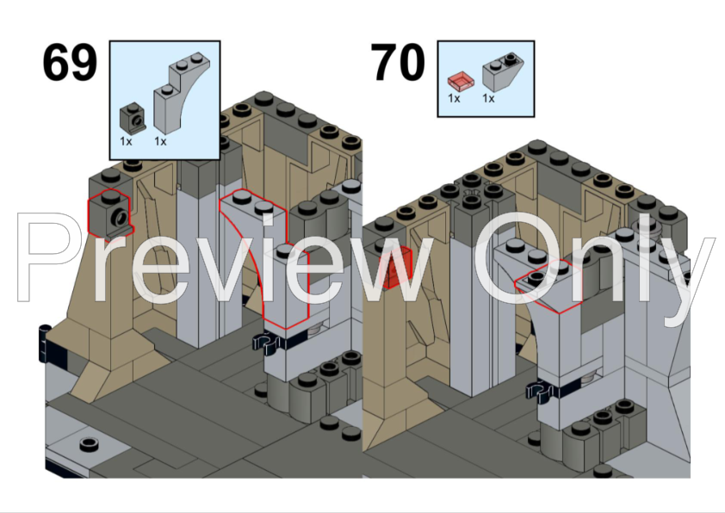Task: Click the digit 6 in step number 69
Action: (x=56, y=62)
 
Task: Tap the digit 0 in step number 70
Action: (x=411, y=62)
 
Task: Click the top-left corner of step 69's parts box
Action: (x=109, y=41)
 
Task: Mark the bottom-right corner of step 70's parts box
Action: (x=535, y=116)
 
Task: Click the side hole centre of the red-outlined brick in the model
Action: (x=122, y=215)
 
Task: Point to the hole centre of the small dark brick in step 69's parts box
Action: (x=136, y=121)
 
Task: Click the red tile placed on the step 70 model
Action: (x=395, y=268)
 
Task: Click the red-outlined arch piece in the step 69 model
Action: (x=263, y=259)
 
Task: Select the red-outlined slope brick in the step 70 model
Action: (x=548, y=287)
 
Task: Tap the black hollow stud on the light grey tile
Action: (x=90, y=444)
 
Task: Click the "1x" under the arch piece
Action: (x=160, y=141)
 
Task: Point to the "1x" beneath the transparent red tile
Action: (x=454, y=98)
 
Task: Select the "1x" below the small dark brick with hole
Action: (x=126, y=141)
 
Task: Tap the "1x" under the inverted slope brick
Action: (x=488, y=98)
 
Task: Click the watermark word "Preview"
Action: (x=226, y=257)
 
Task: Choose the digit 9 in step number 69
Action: (x=84, y=62)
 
